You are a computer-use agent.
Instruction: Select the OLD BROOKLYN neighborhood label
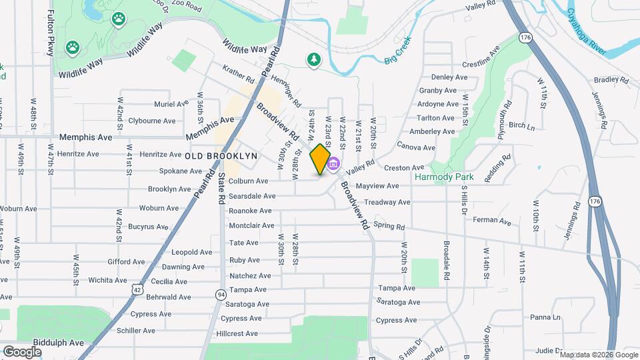pos(221,155)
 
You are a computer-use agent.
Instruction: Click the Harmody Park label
pos(444,177)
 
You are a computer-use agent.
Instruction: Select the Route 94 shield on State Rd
pos(221,294)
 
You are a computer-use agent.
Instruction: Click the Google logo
pos(22,352)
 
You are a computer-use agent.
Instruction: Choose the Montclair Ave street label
pos(251,226)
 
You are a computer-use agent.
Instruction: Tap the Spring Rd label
pos(389,226)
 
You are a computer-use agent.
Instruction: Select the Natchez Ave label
pos(250,275)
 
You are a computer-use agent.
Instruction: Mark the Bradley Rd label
pos(611,79)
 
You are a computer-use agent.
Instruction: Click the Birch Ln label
pos(521,125)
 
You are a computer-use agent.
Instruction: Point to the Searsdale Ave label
pos(252,196)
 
